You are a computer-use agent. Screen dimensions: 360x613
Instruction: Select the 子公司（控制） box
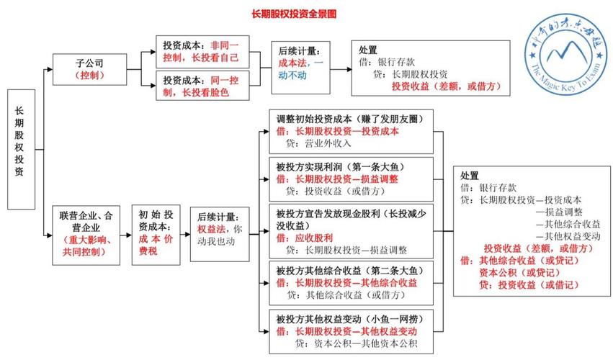tap(90, 68)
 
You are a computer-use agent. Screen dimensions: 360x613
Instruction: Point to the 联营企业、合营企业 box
tap(90, 233)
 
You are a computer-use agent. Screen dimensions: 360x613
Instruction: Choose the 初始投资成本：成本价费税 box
tap(156, 233)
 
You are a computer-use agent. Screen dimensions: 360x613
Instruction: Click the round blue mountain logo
tap(567, 51)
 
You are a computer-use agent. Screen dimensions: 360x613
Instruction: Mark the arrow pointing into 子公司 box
tap(48, 70)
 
